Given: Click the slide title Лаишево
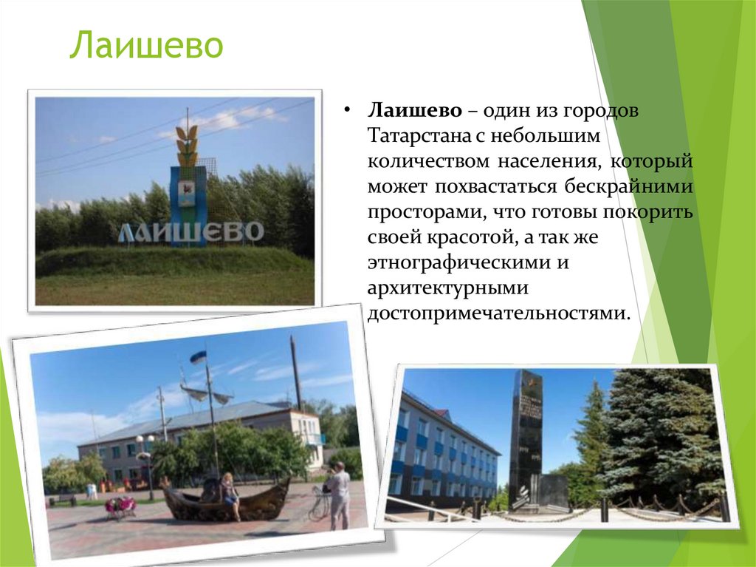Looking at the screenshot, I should (x=146, y=46).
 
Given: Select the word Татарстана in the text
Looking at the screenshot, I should (x=419, y=137).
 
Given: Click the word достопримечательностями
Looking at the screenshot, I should (x=499, y=313).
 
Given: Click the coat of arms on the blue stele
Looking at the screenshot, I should (x=188, y=191).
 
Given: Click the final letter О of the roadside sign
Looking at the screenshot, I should (x=252, y=232).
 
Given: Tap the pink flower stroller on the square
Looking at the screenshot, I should (x=121, y=506).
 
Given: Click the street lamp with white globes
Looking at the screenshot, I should (x=145, y=458).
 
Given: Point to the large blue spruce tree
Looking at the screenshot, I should (x=657, y=436).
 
